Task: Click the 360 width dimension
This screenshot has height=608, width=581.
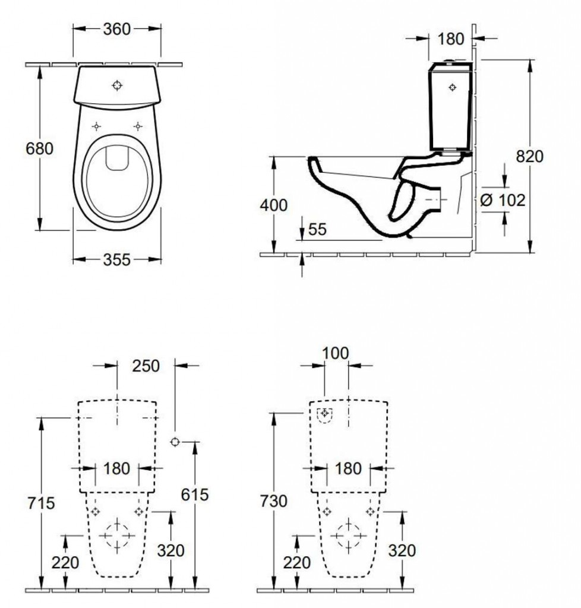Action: [117, 29]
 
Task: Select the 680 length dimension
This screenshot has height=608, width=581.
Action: [39, 148]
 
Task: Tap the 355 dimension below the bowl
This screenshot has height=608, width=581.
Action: [117, 260]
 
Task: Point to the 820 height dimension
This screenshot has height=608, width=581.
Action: [529, 156]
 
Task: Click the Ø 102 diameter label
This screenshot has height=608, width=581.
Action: [502, 200]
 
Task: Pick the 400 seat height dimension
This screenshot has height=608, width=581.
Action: [273, 205]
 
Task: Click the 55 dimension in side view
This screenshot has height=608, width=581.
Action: [317, 229]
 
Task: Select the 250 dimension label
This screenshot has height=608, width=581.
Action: [146, 366]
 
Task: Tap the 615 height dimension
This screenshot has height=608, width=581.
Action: [195, 495]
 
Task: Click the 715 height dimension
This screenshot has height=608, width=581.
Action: [41, 503]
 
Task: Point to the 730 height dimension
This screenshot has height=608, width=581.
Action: [273, 501]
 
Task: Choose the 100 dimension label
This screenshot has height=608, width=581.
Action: [336, 353]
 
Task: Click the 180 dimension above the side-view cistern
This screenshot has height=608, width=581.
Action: [451, 39]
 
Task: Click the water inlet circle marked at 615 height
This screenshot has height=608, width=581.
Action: [175, 442]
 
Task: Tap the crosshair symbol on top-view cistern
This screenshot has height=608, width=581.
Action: [117, 85]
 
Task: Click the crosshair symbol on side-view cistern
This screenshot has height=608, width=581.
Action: [452, 88]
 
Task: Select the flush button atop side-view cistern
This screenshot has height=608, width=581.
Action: [450, 61]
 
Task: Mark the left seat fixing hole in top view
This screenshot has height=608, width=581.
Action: [97, 126]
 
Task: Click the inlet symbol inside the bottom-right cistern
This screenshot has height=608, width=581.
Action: [325, 414]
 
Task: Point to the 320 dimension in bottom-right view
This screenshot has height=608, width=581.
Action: [402, 550]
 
